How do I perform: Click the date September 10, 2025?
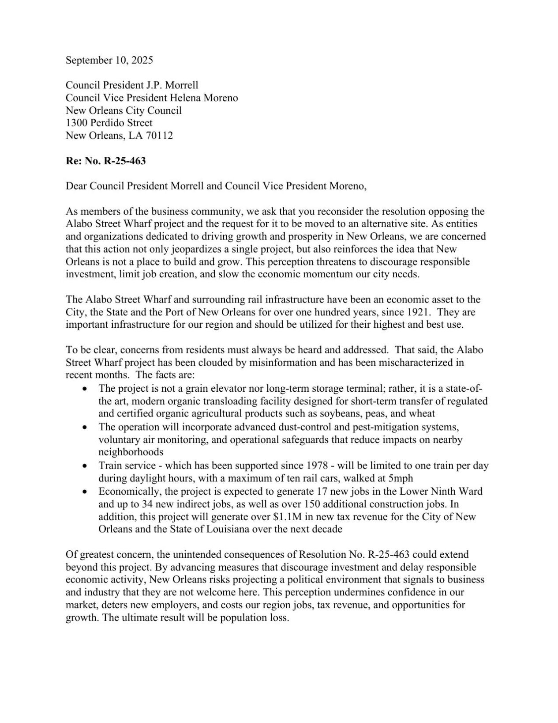point(109,61)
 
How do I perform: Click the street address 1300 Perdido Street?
point(109,123)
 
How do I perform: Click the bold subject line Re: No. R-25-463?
point(105,161)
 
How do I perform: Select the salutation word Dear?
point(76,186)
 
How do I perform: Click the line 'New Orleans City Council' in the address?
point(124,110)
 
